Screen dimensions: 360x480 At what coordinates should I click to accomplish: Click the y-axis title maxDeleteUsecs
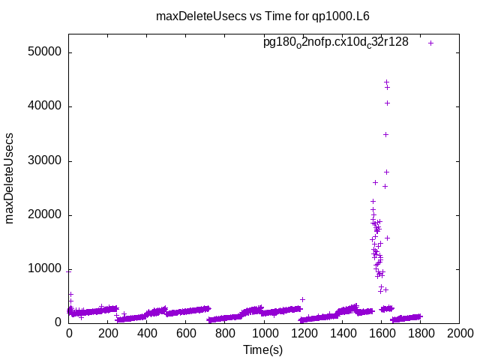click(10, 178)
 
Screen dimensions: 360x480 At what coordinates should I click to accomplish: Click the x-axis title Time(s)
click(262, 349)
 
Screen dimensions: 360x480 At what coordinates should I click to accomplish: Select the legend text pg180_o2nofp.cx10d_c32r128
click(336, 43)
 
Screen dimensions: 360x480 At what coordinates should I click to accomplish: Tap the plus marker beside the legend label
click(431, 43)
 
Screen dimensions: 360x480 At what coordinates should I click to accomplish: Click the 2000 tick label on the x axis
click(459, 332)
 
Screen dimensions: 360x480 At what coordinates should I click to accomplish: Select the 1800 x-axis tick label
click(420, 332)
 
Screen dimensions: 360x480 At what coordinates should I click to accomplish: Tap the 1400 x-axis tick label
click(342, 332)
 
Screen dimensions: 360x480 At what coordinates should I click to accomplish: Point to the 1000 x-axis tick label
click(264, 332)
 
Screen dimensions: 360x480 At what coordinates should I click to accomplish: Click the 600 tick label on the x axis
click(186, 332)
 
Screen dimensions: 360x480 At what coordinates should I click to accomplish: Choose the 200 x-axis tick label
click(108, 332)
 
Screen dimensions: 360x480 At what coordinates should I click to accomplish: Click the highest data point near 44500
click(387, 82)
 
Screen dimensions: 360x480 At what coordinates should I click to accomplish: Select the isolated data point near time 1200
click(302, 299)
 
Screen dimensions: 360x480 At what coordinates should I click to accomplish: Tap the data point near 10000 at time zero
click(69, 271)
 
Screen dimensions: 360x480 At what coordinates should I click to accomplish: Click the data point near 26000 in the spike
click(375, 182)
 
